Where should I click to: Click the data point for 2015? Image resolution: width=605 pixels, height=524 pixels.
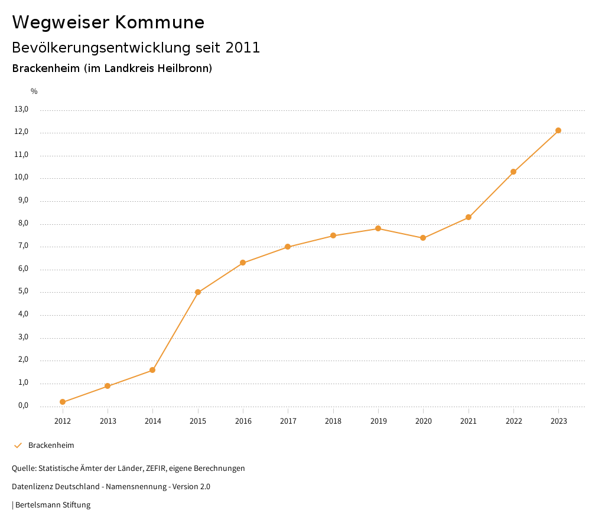point(198,292)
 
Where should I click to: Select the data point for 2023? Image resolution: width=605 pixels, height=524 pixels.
point(558,130)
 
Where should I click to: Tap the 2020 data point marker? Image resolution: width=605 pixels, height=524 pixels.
point(423,238)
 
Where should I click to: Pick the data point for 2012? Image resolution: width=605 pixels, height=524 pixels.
point(63,402)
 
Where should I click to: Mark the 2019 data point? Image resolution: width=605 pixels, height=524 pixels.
point(378,228)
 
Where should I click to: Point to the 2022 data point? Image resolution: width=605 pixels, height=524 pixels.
point(513,172)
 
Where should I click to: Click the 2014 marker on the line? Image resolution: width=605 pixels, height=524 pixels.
point(152,370)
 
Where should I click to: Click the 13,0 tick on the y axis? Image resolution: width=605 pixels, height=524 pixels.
point(21,109)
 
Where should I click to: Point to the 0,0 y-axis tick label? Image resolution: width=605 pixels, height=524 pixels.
point(23,405)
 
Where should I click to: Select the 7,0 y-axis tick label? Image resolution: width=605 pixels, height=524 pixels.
point(23,246)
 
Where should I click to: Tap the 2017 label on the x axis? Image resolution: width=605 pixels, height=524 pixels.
point(288,421)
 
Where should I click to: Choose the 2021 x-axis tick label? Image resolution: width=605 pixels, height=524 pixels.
point(469,421)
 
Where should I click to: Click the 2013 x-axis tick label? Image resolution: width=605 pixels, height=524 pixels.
point(108,421)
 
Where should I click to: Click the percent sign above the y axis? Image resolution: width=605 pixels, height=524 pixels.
point(34,91)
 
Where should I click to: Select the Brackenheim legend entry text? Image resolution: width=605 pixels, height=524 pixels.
point(51,446)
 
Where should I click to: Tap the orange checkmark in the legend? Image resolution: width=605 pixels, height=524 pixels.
point(18,446)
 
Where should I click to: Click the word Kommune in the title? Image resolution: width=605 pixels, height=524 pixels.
point(160,22)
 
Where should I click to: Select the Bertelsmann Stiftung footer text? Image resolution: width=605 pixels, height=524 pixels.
point(53,505)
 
